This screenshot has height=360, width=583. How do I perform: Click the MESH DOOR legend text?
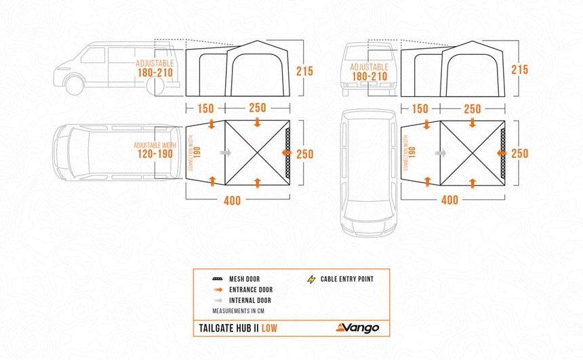[244, 279]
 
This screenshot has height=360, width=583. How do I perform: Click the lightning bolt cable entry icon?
[312, 279]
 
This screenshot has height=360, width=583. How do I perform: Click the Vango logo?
[357, 328]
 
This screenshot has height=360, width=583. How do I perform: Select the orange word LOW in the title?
[267, 329]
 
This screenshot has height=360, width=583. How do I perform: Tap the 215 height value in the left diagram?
[305, 70]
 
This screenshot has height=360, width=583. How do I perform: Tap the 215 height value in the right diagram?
[520, 70]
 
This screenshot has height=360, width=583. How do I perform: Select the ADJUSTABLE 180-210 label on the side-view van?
[155, 67]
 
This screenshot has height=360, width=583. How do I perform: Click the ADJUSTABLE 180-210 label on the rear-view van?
[369, 72]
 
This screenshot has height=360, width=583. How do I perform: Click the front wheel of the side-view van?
[73, 85]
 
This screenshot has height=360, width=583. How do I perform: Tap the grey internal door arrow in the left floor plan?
[226, 153]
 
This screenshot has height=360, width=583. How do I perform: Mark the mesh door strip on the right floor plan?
[502, 153]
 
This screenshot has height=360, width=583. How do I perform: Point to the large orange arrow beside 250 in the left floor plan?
[287, 154]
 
